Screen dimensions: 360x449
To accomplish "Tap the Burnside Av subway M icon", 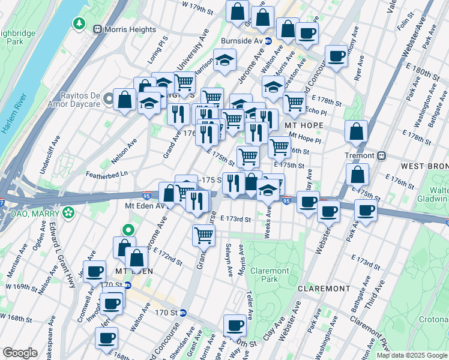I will pos(268,41).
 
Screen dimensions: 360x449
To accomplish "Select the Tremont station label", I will pos(359,155).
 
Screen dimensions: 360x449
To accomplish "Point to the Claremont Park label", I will pos(270,275).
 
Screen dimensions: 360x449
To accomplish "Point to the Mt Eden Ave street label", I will pos(144,206).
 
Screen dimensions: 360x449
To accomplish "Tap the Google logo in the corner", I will pos(20,353).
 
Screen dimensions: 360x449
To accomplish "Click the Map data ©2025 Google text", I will pos(411,355).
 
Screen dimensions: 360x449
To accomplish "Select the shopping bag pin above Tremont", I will pos(357,131).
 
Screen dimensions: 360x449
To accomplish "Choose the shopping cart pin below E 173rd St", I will pos(203,235).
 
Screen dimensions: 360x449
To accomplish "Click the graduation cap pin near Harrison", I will pos(225,60).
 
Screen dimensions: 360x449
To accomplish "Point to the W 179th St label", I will pos(197,8).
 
